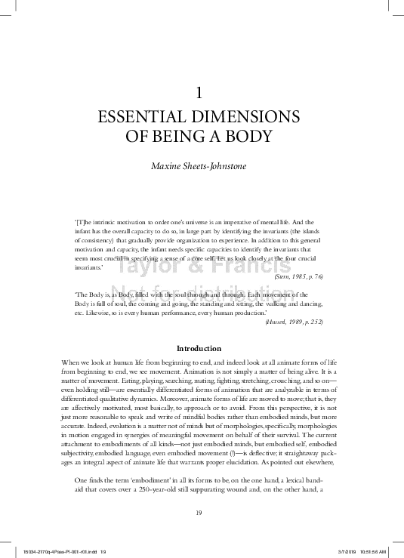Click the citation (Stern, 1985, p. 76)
296,277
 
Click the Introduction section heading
199,348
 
